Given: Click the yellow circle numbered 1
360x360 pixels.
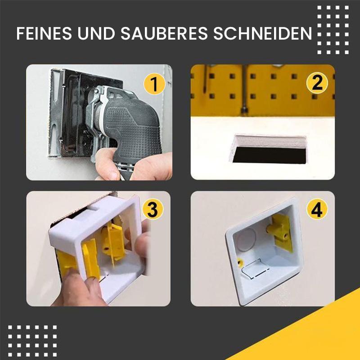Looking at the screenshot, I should pos(154,84).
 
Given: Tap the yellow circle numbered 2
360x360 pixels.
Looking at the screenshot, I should pos(317,84).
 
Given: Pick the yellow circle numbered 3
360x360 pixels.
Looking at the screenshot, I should pos(153,210).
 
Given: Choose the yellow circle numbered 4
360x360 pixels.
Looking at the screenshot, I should pos(317,210).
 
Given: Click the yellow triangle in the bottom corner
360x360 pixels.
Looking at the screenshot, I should pos(315,333).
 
